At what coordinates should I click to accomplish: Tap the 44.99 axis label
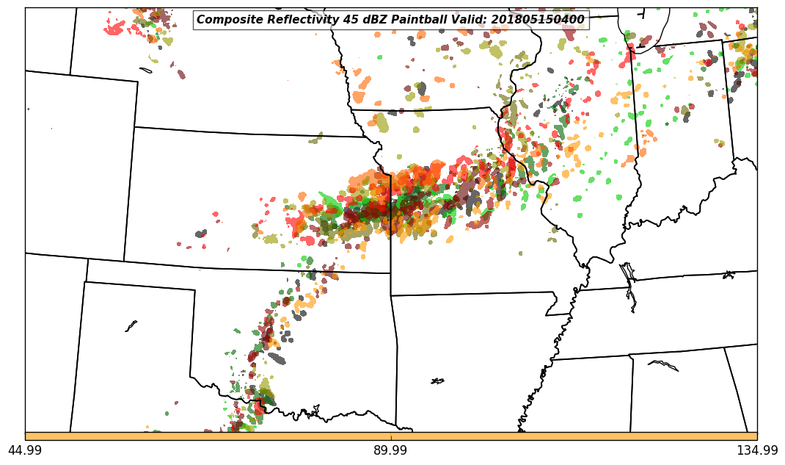click(x=25, y=450)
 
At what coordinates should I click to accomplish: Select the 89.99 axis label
click(x=390, y=450)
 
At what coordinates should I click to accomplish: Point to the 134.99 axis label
click(x=757, y=450)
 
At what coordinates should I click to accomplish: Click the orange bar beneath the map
click(x=390, y=436)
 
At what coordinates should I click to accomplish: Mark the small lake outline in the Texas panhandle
click(x=131, y=325)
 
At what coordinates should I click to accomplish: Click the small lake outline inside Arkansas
click(x=437, y=381)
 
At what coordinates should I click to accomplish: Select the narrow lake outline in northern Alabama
click(x=663, y=365)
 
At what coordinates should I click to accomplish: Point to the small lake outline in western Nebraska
click(x=145, y=71)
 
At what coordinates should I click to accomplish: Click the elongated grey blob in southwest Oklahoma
click(x=277, y=358)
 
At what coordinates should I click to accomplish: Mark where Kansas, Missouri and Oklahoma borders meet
click(x=390, y=273)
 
